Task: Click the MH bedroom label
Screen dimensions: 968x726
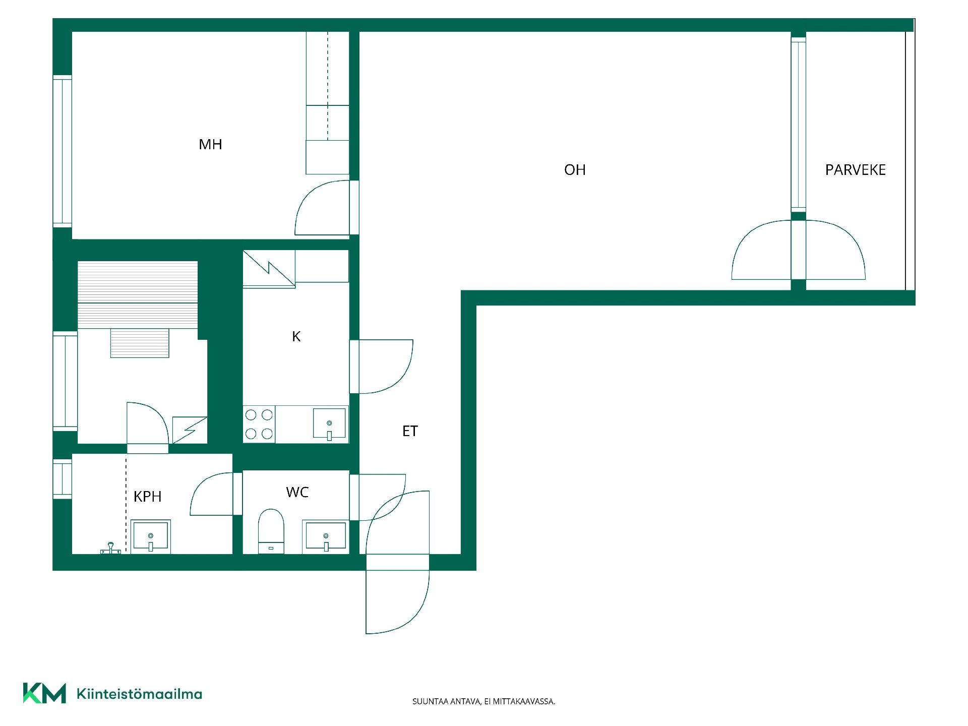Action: [210, 145]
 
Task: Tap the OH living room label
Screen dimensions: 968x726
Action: [575, 170]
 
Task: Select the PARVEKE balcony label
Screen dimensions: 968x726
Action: [855, 170]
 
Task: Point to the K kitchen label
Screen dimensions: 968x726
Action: [296, 336]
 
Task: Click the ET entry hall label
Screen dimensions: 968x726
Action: [410, 431]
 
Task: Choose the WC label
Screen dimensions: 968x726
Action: [297, 492]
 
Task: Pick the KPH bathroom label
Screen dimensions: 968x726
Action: [147, 497]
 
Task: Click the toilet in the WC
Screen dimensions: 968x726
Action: [271, 531]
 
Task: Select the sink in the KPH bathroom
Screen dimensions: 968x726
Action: [151, 536]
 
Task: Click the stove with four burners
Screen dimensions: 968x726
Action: [259, 424]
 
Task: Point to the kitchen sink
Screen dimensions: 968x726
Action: [329, 423]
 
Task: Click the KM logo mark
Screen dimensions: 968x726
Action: [44, 693]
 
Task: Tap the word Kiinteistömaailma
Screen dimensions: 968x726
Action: [139, 694]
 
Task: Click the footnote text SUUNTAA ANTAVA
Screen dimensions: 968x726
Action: [446, 701]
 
